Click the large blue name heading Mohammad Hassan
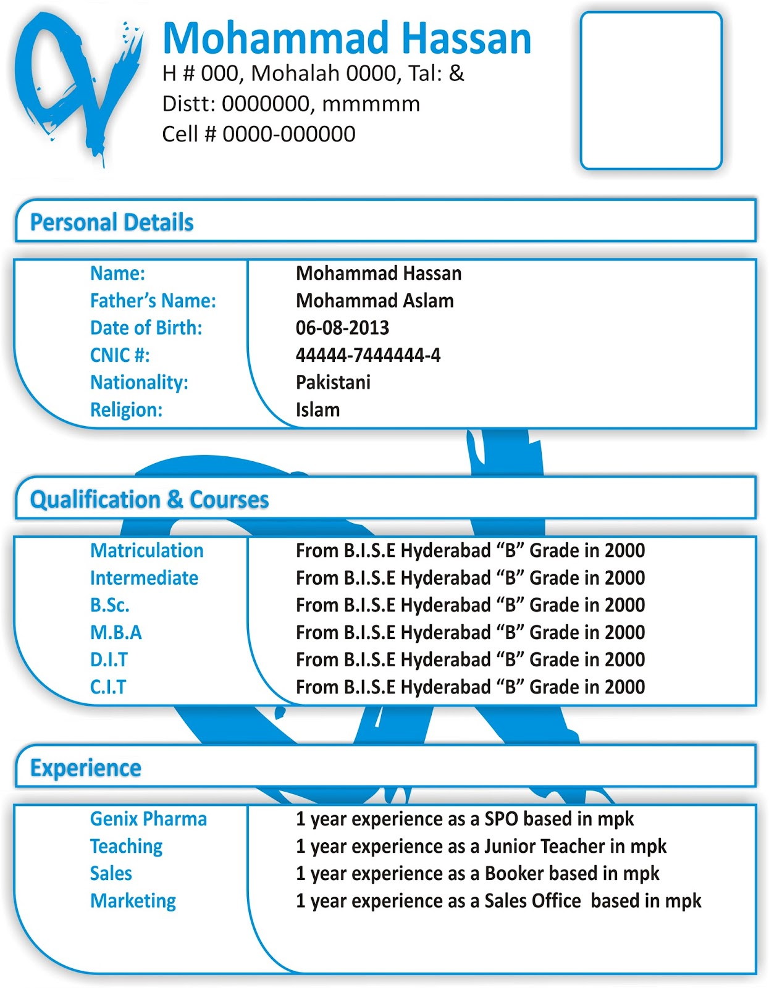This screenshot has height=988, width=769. tap(347, 38)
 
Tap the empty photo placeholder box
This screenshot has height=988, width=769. tap(651, 90)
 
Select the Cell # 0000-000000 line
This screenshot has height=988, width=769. tap(258, 134)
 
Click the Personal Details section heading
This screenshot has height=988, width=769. tap(112, 222)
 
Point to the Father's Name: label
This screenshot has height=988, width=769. tap(153, 301)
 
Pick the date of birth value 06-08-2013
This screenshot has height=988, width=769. tap(342, 328)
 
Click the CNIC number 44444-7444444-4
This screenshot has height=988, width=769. tap(368, 355)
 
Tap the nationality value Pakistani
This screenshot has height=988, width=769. tap(333, 382)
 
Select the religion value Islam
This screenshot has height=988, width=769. tap(317, 409)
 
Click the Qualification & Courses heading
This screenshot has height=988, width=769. tap(149, 500)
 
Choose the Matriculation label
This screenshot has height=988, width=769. tap(146, 551)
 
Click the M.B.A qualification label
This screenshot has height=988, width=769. tap(116, 632)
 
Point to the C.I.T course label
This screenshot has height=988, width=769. tap(108, 687)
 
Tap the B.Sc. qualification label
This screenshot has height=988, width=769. tap(110, 605)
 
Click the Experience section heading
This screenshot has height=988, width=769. tap(86, 768)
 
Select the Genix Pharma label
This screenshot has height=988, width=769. tap(148, 819)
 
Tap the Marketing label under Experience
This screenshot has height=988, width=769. tap(133, 901)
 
